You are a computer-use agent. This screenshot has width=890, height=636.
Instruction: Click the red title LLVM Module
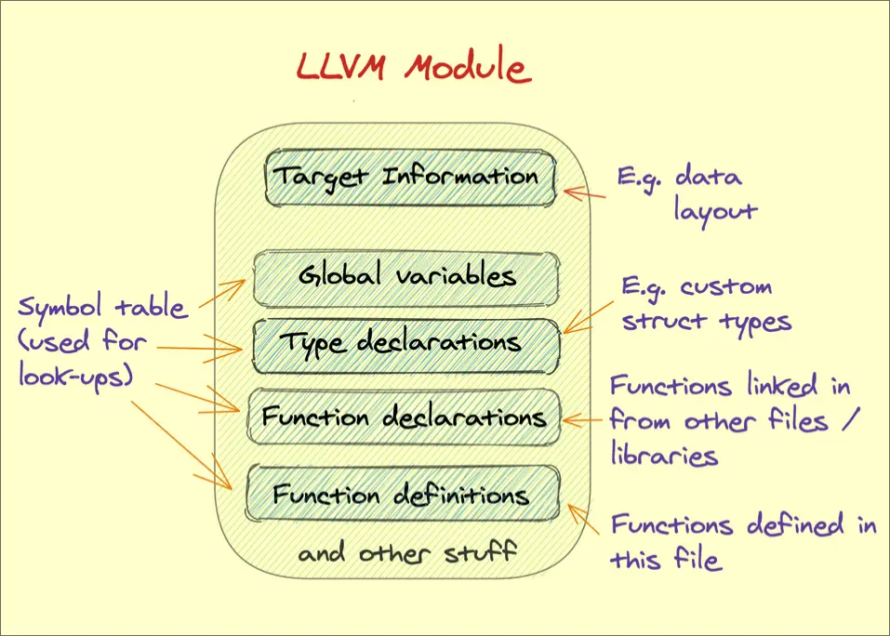(413, 69)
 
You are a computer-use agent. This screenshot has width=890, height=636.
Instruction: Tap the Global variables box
(407, 276)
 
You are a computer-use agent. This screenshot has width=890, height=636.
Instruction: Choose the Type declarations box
(407, 343)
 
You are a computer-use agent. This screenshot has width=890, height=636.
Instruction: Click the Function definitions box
(403, 494)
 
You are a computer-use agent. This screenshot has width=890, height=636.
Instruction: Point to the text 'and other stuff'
(406, 553)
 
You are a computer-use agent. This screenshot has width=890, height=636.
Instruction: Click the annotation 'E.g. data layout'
(686, 192)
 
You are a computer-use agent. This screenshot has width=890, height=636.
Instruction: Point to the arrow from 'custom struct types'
(591, 312)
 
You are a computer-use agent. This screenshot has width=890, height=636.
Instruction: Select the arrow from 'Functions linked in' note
(584, 420)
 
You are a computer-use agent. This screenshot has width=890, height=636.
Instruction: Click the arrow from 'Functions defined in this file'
(586, 521)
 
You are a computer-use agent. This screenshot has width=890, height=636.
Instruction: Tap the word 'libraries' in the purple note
(664, 456)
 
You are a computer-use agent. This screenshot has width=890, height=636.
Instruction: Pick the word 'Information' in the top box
(460, 176)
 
